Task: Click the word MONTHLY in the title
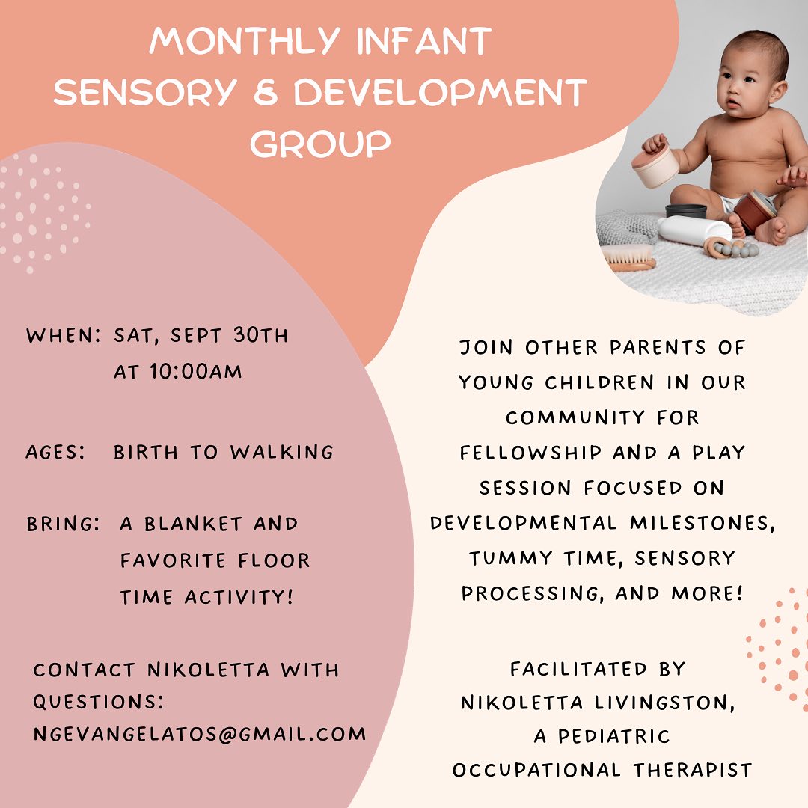tap(244, 41)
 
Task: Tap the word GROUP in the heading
tap(320, 143)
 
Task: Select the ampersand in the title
tap(266, 93)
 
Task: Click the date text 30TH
tap(261, 335)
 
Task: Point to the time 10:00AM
tap(196, 372)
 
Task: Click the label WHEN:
tap(64, 335)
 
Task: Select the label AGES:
tap(55, 453)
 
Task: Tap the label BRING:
tap(64, 524)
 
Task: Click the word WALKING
tap(282, 452)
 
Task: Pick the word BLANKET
tap(193, 524)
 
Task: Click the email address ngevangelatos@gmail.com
tap(200, 734)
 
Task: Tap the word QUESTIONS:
tap(99, 702)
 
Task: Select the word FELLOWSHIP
tap(530, 453)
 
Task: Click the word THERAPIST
tap(693, 770)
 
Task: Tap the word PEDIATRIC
tap(614, 736)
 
